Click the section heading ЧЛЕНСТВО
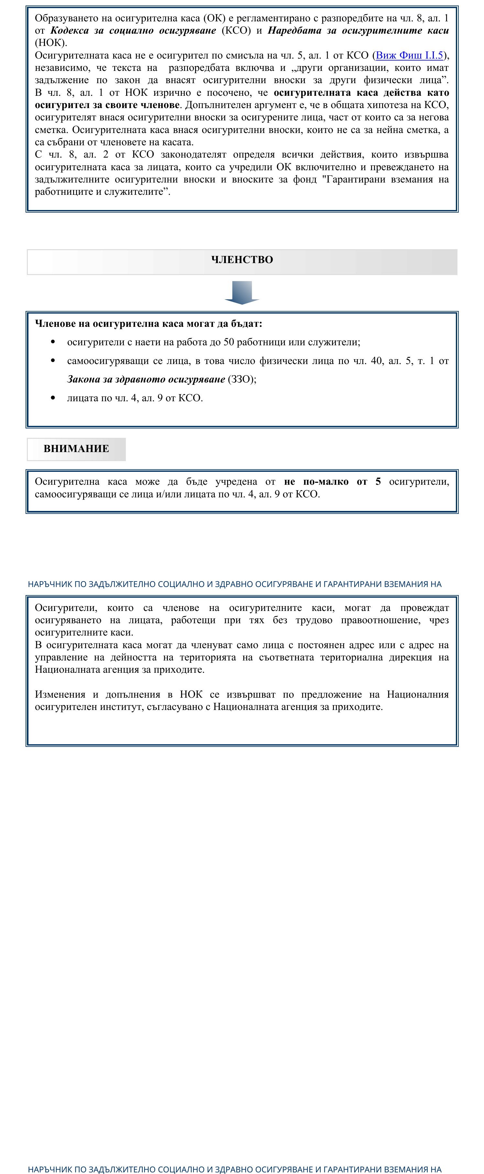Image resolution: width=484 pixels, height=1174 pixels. pos(242,260)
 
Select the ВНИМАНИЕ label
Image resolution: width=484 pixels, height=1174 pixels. pos(76,449)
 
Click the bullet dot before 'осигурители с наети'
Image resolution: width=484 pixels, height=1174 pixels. pos(53,342)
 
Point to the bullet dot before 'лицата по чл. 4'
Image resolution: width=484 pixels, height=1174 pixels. pos(53,398)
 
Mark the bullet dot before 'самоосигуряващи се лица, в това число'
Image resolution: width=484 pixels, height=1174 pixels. pos(53,360)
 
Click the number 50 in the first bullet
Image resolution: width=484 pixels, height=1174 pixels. pos(228,342)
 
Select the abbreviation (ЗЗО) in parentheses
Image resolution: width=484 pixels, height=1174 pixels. pos(242,379)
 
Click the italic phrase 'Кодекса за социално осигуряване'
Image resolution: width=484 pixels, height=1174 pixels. pos(133,30)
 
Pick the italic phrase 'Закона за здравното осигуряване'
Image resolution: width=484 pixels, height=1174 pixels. pos(146,379)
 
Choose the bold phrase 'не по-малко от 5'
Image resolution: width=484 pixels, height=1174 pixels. pos(332,482)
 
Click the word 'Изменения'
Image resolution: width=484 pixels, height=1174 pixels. pos(60,694)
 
